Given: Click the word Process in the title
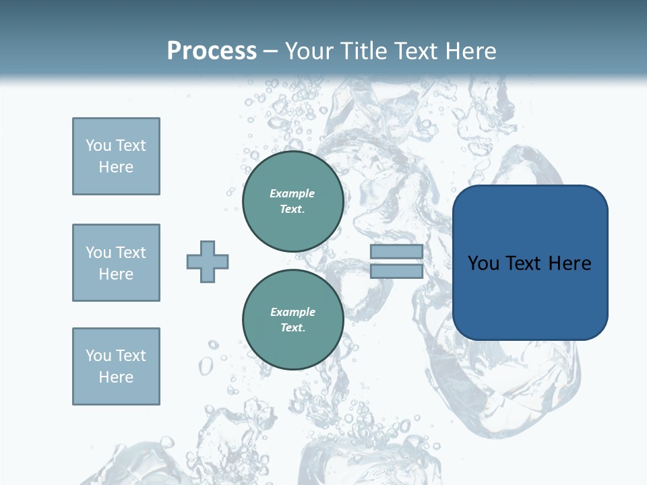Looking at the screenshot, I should click(212, 51).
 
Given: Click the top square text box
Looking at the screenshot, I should click(116, 156).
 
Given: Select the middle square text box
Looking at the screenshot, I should click(116, 263).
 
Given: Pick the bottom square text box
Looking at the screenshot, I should click(116, 366).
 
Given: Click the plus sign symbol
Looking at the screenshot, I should click(208, 261).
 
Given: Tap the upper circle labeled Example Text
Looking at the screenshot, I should click(292, 201).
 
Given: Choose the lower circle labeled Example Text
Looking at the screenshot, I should click(292, 320).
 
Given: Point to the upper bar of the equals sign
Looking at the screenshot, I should click(396, 251).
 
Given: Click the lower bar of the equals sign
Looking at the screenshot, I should click(396, 271).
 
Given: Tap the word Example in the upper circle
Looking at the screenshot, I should click(292, 194).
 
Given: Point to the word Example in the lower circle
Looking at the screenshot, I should click(292, 313).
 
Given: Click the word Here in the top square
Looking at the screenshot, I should click(116, 167).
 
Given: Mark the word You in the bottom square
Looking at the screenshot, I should click(98, 356).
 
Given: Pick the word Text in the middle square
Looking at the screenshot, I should click(130, 253).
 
